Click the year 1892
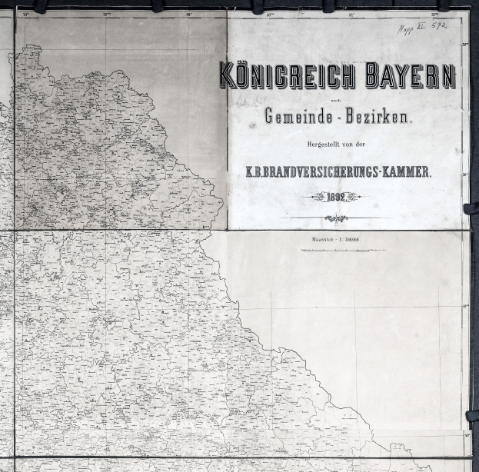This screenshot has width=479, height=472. pos(337,197)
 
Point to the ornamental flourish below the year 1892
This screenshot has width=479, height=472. pos(336,218)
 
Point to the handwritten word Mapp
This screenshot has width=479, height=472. pos(406,29)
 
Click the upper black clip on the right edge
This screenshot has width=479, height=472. pos(471,208)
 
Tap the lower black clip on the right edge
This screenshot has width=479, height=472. pos(471,416)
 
